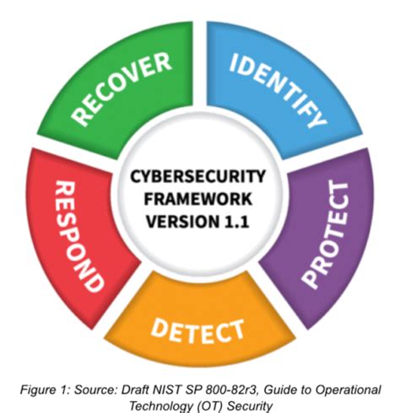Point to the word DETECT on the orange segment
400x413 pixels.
point(199,329)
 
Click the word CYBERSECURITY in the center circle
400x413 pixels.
point(199,177)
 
